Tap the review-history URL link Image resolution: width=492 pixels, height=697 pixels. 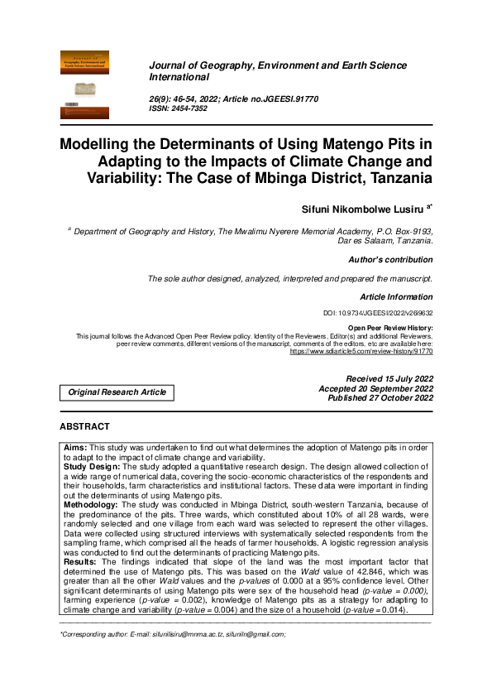coord(361,351)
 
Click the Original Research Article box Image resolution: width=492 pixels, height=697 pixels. coord(117,392)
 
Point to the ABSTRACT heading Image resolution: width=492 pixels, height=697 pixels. coord(84,426)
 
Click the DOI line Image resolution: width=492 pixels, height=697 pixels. coord(378,314)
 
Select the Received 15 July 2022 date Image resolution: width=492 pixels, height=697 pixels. coord(389,378)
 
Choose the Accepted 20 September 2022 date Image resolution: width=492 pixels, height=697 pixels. coord(376,388)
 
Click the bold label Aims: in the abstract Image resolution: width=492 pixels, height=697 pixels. coord(75,447)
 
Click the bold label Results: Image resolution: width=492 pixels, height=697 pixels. coord(81,562)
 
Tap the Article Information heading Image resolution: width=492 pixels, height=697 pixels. coord(396,296)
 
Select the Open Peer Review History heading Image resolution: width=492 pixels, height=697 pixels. coord(390,329)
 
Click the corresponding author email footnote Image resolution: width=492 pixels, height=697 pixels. coord(173,635)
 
